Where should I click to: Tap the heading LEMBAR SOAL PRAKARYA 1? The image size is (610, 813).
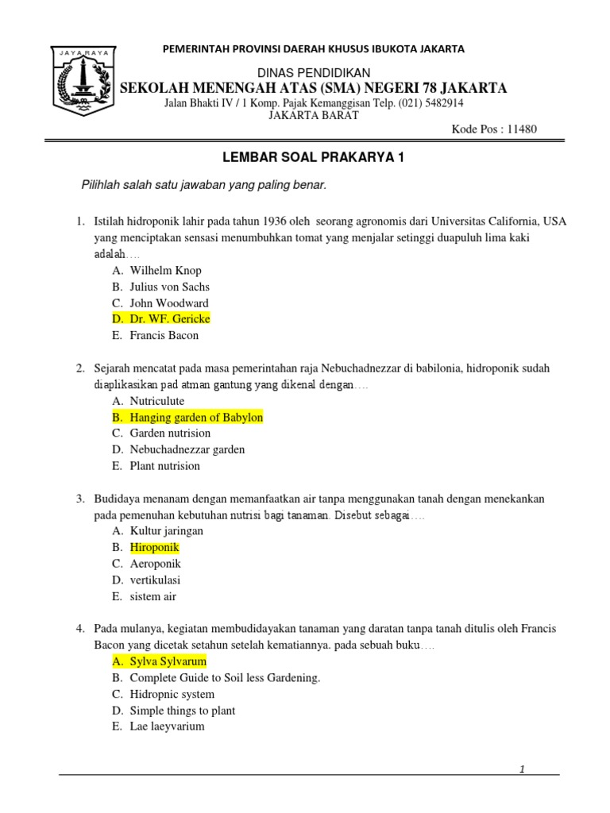click(x=311, y=158)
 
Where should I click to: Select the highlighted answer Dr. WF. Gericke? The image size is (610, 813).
click(x=170, y=319)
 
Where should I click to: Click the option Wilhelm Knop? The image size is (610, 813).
click(x=165, y=271)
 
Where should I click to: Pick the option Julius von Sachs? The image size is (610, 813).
click(x=170, y=287)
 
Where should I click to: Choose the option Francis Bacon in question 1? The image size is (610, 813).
click(x=164, y=335)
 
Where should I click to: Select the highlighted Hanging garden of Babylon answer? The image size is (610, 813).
click(x=196, y=418)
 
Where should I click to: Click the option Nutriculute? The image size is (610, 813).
click(x=157, y=401)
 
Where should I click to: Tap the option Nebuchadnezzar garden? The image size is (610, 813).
click(x=187, y=449)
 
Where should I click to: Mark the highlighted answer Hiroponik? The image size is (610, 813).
click(x=155, y=548)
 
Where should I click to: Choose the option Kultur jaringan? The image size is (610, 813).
click(x=167, y=531)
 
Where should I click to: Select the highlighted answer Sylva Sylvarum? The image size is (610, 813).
click(x=168, y=661)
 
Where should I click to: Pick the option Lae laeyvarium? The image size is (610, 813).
click(x=168, y=726)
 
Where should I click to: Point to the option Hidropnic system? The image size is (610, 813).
click(x=172, y=694)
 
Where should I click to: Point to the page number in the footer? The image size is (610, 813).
click(x=522, y=769)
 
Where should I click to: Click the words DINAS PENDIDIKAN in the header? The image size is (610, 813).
click(x=311, y=73)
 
